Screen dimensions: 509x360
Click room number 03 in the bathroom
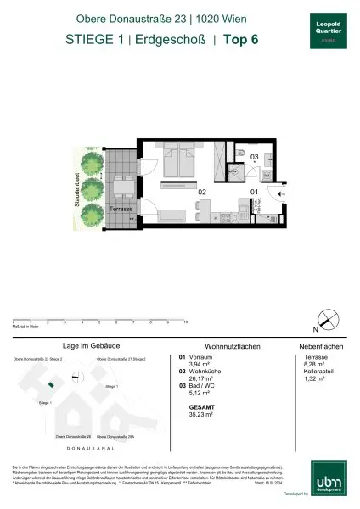(x=254, y=157)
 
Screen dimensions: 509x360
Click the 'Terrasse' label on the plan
(x=124, y=209)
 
